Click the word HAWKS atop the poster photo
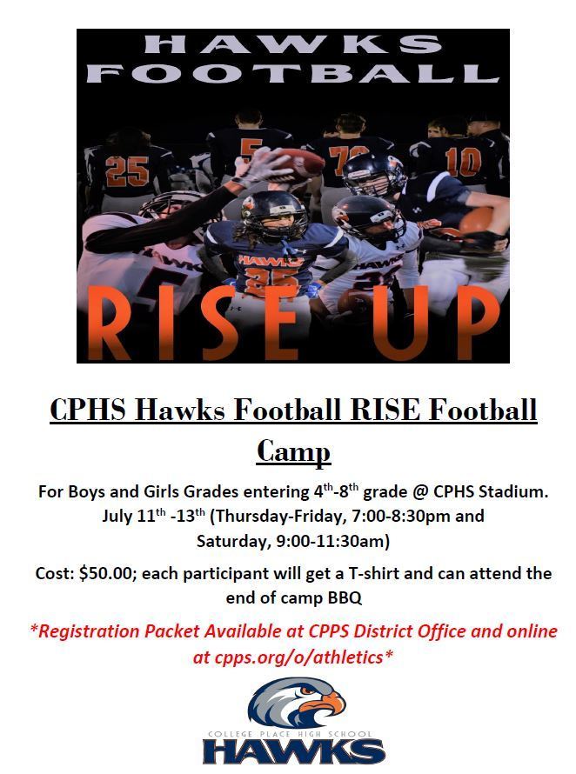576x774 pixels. pyautogui.click(x=293, y=44)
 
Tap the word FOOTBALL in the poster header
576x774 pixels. pyautogui.click(x=293, y=73)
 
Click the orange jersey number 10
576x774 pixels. pyautogui.click(x=462, y=163)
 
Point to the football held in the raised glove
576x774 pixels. pyautogui.click(x=298, y=163)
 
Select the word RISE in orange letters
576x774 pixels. pyautogui.click(x=194, y=324)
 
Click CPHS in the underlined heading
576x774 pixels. pyautogui.click(x=88, y=410)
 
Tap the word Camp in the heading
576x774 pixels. pyautogui.click(x=293, y=450)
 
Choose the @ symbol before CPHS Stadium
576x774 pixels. pyautogui.click(x=421, y=492)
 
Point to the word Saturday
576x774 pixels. pyautogui.click(x=233, y=541)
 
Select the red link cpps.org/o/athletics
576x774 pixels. pyautogui.click(x=298, y=657)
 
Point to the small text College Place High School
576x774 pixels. pyautogui.click(x=290, y=734)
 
